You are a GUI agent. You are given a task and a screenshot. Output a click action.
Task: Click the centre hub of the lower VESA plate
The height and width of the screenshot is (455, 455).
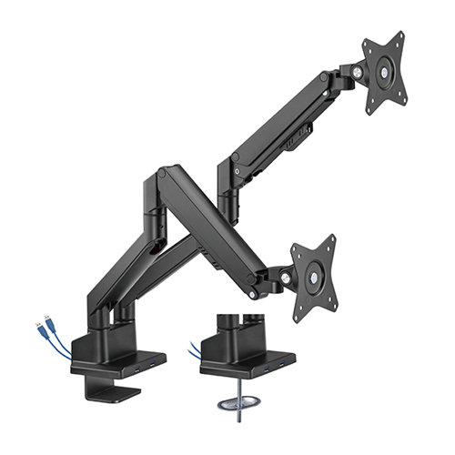314,277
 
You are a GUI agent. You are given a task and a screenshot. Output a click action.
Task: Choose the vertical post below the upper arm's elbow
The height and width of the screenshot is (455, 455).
222,205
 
